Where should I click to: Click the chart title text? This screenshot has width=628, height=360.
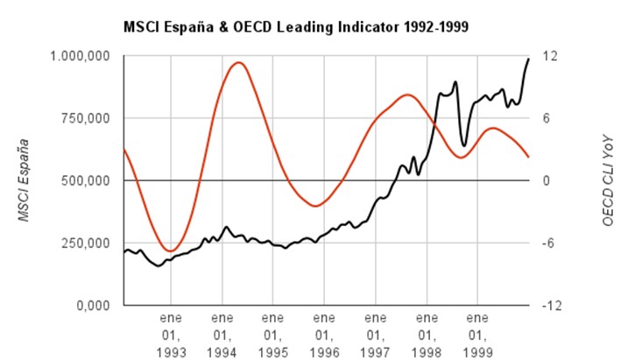(x=296, y=27)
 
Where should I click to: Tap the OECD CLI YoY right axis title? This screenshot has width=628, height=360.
(x=607, y=180)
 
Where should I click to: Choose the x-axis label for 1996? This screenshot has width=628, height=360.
(x=324, y=332)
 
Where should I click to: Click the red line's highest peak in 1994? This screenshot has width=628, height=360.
(x=237, y=62)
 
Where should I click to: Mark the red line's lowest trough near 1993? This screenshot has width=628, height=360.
(x=172, y=251)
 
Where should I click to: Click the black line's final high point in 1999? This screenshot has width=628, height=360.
(x=528, y=59)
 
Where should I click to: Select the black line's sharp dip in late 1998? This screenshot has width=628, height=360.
(x=463, y=145)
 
